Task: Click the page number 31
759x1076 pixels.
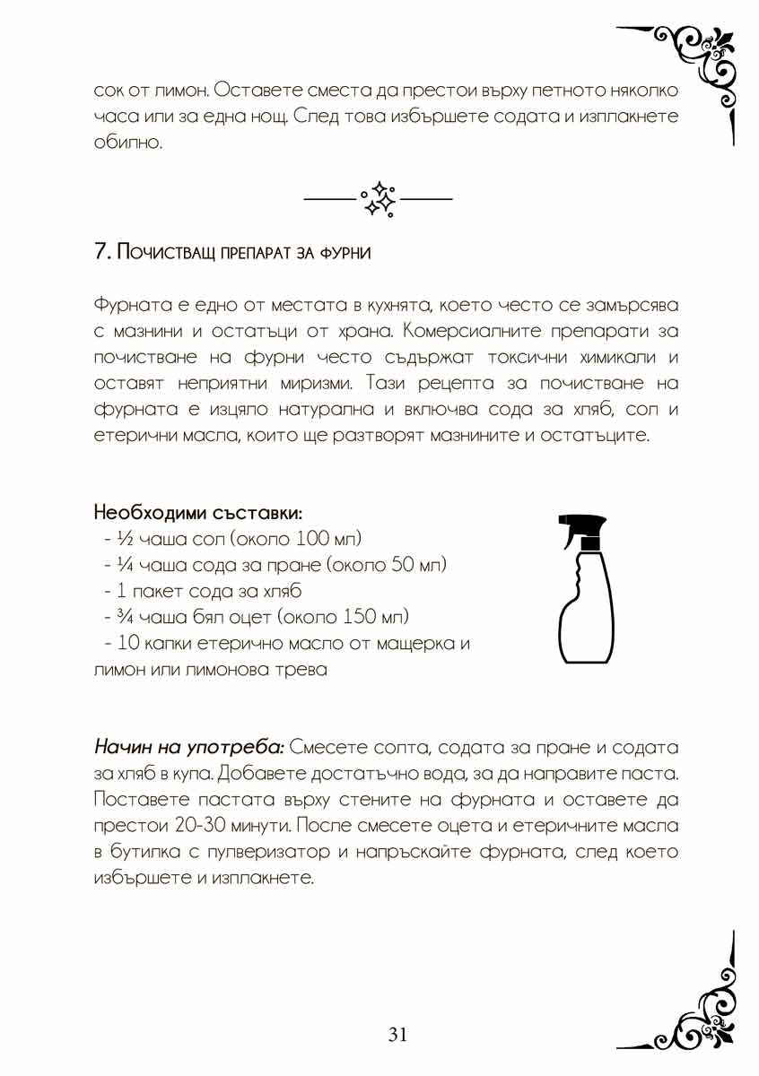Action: coord(398,1035)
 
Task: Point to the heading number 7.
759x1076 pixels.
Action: coord(101,251)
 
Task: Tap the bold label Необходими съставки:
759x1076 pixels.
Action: coord(197,514)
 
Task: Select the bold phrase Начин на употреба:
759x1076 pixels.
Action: coord(189,747)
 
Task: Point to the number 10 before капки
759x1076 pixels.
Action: coord(126,644)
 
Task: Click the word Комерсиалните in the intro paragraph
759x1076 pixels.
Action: coord(461,331)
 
